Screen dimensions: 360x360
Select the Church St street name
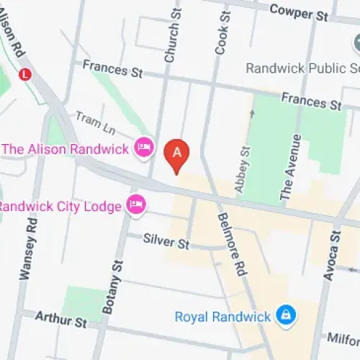[172, 35]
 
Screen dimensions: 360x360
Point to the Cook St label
[222, 32]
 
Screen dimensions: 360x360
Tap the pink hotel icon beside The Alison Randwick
[144, 148]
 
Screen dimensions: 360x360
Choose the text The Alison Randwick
[66, 149]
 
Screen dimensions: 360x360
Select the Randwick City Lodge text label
[60, 207]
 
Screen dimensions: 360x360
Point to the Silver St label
[166, 240]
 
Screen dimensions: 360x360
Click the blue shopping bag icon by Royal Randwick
[287, 315]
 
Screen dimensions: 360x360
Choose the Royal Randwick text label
[223, 316]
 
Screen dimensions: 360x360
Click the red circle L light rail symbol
[26, 73]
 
